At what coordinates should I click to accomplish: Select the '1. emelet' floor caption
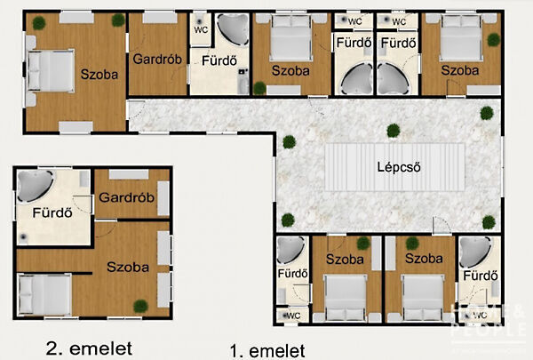[266, 350]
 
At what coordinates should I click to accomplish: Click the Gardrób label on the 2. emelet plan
[127, 196]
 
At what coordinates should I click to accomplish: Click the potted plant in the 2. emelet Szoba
[139, 306]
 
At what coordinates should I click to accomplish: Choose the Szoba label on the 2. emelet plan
[127, 266]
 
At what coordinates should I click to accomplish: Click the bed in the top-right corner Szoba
[458, 39]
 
